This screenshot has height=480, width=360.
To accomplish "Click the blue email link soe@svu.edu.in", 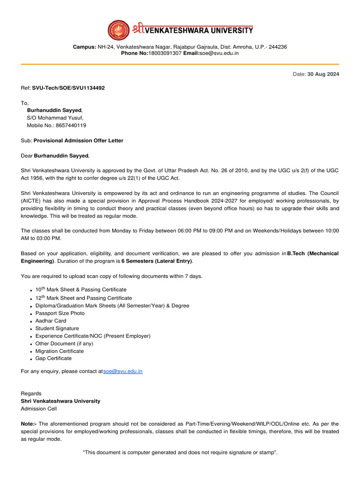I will pyautogui.click(x=123, y=371).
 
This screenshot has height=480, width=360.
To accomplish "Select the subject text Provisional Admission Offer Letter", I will pyautogui.click(x=79, y=141).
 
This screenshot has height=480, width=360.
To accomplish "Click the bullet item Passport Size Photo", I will pyautogui.click(x=60, y=313).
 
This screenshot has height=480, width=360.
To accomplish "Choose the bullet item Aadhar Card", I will pyautogui.click(x=51, y=321).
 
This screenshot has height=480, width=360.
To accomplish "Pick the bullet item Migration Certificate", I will pyautogui.click(x=60, y=351).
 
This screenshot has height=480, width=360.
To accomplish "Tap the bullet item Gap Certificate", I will pyautogui.click(x=53, y=359).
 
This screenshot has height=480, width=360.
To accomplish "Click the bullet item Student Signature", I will pyautogui.click(x=57, y=329).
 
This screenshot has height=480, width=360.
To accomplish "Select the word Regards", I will pyautogui.click(x=31, y=394).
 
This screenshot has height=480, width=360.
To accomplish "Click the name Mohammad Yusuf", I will pyautogui.click(x=63, y=118).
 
